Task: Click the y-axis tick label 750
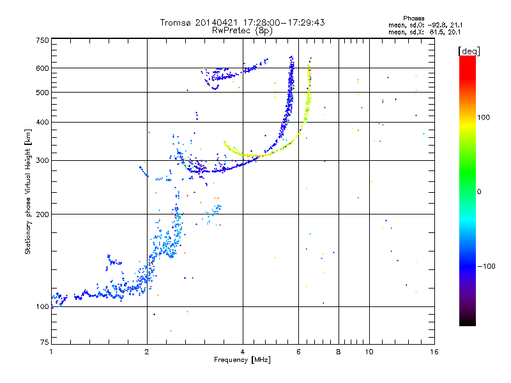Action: pos(42,40)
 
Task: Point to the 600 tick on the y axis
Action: pos(42,68)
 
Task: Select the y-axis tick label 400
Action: pos(42,122)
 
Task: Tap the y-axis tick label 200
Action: pos(42,214)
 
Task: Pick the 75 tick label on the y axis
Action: pos(44,342)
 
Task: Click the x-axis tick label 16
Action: pos(434,352)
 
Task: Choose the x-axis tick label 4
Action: pos(243,352)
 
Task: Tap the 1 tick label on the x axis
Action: pos(51,352)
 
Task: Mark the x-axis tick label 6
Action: pos(298,352)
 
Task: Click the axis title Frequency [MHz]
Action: pos(242,361)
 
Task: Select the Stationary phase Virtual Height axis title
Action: pos(29,191)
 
